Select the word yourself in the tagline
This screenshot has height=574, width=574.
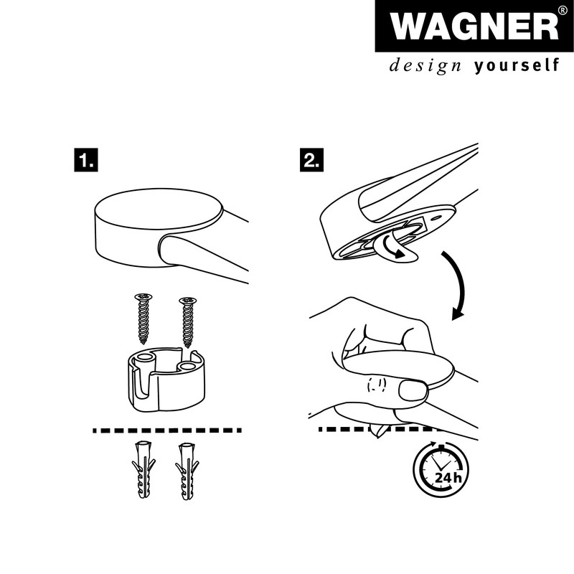coord(516,67)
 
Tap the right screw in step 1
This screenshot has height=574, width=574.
coord(189,321)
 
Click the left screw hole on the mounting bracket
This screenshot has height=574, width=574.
coord(143,357)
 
